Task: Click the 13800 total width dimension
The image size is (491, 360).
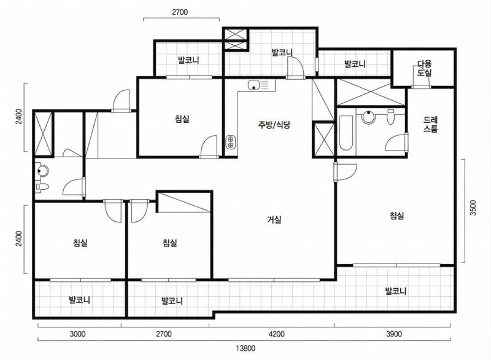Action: [246, 348]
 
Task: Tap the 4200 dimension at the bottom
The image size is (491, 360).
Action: [277, 334]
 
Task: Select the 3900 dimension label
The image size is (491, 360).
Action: [394, 334]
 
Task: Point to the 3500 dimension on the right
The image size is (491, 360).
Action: [473, 208]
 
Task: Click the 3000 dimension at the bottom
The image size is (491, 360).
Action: [77, 334]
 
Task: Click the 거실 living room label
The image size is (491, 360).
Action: [274, 220]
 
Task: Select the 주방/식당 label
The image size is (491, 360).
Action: [274, 125]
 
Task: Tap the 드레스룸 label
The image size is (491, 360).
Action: [431, 124]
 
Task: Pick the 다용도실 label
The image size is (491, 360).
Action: [425, 68]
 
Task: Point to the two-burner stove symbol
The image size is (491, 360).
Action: [231, 142]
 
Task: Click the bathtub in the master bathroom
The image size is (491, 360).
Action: [346, 133]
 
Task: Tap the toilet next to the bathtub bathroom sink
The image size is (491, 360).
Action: [390, 117]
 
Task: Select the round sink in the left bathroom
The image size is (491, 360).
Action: [42, 171]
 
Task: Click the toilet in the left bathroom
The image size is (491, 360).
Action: [42, 187]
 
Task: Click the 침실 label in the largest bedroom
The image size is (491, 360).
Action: [397, 216]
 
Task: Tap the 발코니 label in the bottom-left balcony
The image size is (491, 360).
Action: [80, 300]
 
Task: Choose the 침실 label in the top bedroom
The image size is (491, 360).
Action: [182, 119]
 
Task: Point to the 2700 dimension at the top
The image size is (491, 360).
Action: [180, 12]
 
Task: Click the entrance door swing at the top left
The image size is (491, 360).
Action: [120, 100]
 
